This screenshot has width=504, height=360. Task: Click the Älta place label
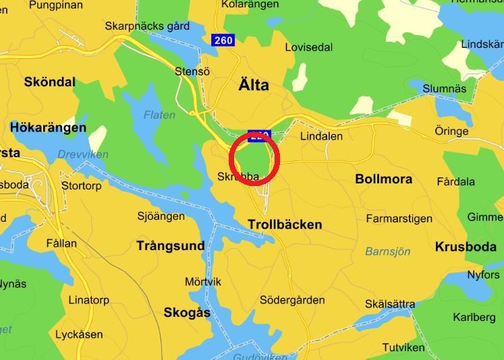tap(254, 85)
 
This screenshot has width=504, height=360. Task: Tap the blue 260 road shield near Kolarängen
tap(223, 40)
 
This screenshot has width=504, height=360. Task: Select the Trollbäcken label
tap(285, 224)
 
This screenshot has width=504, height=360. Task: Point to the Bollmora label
tap(383, 179)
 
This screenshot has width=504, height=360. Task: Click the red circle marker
tap(254, 159)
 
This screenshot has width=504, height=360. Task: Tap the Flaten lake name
tap(159, 115)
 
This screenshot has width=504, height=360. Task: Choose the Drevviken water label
tap(82, 154)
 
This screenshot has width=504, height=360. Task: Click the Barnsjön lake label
tap(387, 251)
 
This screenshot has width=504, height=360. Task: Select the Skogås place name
tap(187, 313)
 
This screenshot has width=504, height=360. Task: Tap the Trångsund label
tap(170, 246)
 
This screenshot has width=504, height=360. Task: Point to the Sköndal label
tap(49, 82)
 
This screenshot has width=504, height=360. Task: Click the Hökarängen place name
tap(48, 127)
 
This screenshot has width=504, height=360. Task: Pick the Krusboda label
tap(466, 246)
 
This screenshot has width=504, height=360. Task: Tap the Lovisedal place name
tap(308, 48)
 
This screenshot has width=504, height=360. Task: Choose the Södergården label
tap(292, 300)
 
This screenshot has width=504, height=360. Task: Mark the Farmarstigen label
tap(399, 218)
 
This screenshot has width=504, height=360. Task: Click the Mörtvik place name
tap(203, 282)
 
